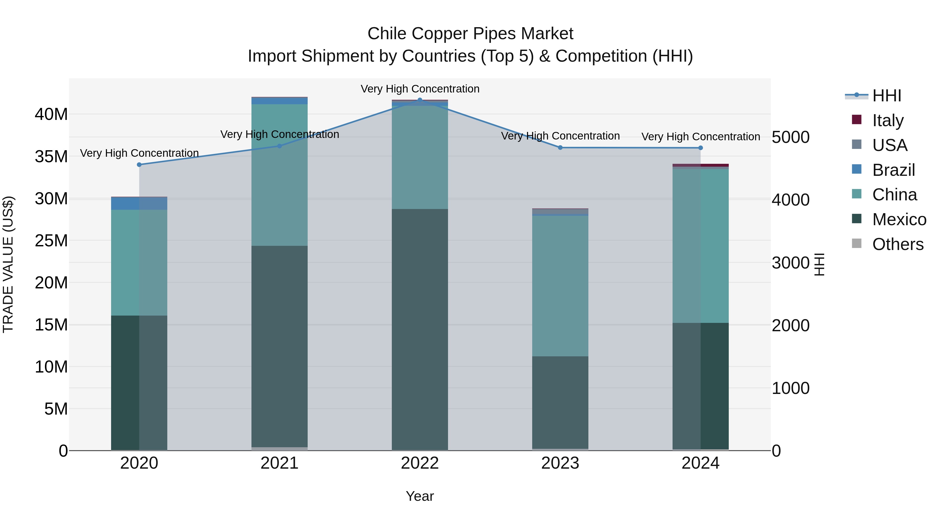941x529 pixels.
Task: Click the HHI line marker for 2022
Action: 420,100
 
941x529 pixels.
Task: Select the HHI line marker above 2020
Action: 139,165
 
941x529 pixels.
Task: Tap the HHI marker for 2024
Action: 700,148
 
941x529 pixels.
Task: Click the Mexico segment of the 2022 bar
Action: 420,329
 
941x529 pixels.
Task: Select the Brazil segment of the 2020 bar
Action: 139,203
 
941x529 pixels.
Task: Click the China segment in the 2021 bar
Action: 279,175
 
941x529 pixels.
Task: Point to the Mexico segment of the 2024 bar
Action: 700,386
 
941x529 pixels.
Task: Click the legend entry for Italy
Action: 888,120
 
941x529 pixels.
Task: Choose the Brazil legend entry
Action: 893,170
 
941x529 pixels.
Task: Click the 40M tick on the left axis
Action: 51,114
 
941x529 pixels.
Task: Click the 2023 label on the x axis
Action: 560,463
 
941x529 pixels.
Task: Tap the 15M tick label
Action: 51,324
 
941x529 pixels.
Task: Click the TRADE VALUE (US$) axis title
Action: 8,264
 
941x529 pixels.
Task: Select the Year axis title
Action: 420,496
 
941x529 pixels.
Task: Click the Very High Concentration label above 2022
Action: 420,89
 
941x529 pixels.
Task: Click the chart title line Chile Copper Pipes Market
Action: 470,34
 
